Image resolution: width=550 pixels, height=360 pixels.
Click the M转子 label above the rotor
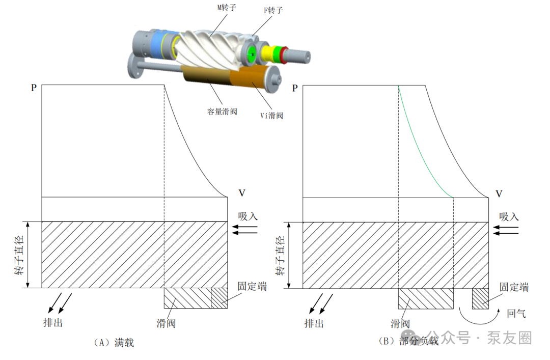tap(227, 7)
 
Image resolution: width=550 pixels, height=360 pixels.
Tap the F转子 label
tap(273, 10)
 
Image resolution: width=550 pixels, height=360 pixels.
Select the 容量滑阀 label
tap(222, 112)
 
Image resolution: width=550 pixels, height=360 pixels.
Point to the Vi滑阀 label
tap(271, 116)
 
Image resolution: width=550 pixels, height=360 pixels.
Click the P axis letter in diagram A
tap(34, 88)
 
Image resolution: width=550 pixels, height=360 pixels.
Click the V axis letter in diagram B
tap(499, 193)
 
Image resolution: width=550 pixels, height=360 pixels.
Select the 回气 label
tap(516, 313)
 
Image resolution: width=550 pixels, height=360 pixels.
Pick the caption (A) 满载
tap(114, 343)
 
